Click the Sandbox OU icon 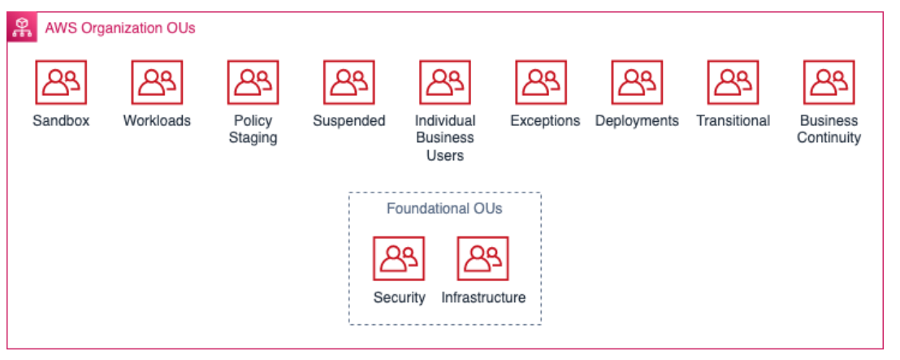pyautogui.click(x=61, y=82)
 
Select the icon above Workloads pyautogui.click(x=157, y=82)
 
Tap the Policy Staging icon pyautogui.click(x=253, y=82)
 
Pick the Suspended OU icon pyautogui.click(x=348, y=82)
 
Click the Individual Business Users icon pyautogui.click(x=444, y=82)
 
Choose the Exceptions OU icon pyautogui.click(x=541, y=82)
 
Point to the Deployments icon pyautogui.click(x=637, y=82)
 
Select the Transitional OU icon pyautogui.click(x=733, y=82)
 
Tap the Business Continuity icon pyautogui.click(x=829, y=82)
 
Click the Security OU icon pyautogui.click(x=399, y=258)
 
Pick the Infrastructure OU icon pyautogui.click(x=483, y=258)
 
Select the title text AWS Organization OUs pyautogui.click(x=120, y=28)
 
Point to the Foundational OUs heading pyautogui.click(x=444, y=209)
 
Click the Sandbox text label pyautogui.click(x=61, y=121)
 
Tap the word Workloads pyautogui.click(x=157, y=121)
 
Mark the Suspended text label pyautogui.click(x=348, y=121)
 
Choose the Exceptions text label pyautogui.click(x=545, y=121)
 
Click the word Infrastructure pyautogui.click(x=483, y=297)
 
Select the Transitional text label pyautogui.click(x=733, y=121)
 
